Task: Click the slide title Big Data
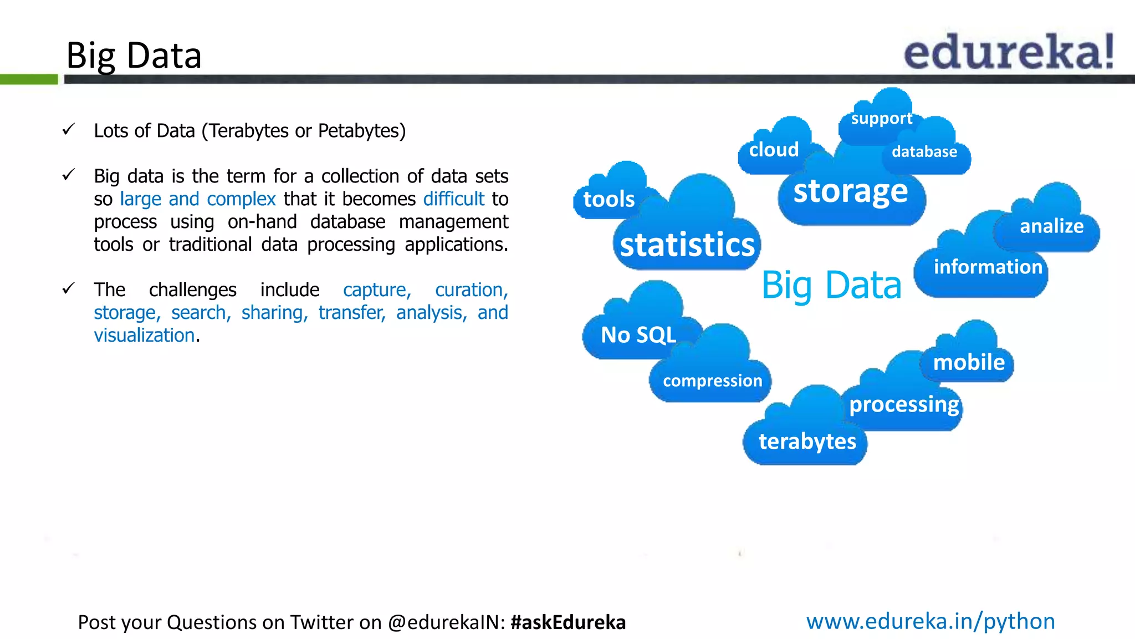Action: pyautogui.click(x=134, y=56)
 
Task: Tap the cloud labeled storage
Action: pyautogui.click(x=851, y=191)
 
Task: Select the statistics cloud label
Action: pyautogui.click(x=687, y=245)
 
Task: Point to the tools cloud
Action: pyautogui.click(x=609, y=199)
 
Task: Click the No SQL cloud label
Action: pyautogui.click(x=638, y=335)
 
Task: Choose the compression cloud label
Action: pyautogui.click(x=712, y=381)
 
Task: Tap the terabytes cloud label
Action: pyautogui.click(x=807, y=442)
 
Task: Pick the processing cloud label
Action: pyautogui.click(x=904, y=404)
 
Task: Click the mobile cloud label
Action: pyautogui.click(x=969, y=363)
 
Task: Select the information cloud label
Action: pyautogui.click(x=988, y=267)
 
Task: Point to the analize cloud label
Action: pyautogui.click(x=1051, y=226)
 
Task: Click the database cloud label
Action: pyautogui.click(x=924, y=152)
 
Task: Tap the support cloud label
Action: pyautogui.click(x=881, y=119)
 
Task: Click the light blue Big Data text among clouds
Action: pyautogui.click(x=831, y=286)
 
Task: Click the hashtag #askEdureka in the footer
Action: pyautogui.click(x=568, y=622)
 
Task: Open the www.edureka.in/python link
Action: pyautogui.click(x=931, y=621)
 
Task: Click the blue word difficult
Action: pyautogui.click(x=454, y=199)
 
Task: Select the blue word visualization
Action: pyautogui.click(x=144, y=336)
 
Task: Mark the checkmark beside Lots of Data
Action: pyautogui.click(x=69, y=130)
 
